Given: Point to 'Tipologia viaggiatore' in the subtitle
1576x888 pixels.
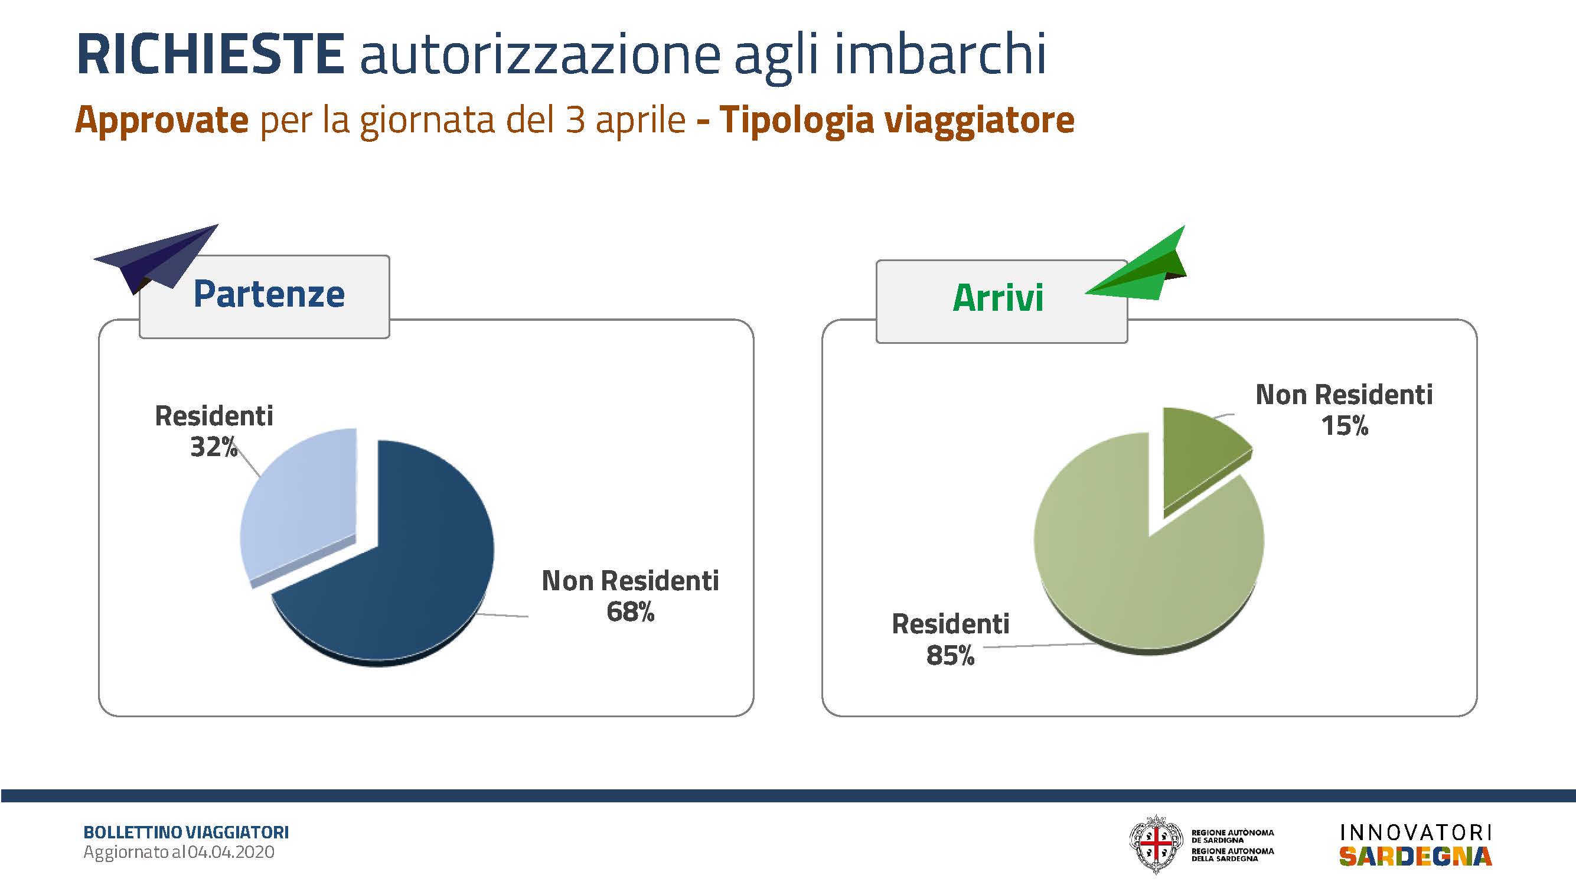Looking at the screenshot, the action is pyautogui.click(x=897, y=121).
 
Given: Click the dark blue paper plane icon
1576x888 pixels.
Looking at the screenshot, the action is pyautogui.click(x=156, y=259).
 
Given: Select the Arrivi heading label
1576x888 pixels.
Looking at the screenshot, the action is pyautogui.click(x=998, y=298).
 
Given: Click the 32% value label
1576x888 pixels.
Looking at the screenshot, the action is pyautogui.click(x=214, y=447).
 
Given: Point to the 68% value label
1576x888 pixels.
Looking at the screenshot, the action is pyautogui.click(x=630, y=612).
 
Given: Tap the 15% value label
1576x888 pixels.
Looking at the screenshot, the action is pyautogui.click(x=1344, y=426).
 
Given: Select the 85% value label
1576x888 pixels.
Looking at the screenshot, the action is pyautogui.click(x=950, y=655).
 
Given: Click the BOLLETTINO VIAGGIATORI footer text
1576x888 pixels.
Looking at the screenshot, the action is pyautogui.click(x=186, y=832).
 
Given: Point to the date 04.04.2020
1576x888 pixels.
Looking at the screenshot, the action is pyautogui.click(x=231, y=853).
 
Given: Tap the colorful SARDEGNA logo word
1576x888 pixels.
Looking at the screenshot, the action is pyautogui.click(x=1416, y=857).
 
